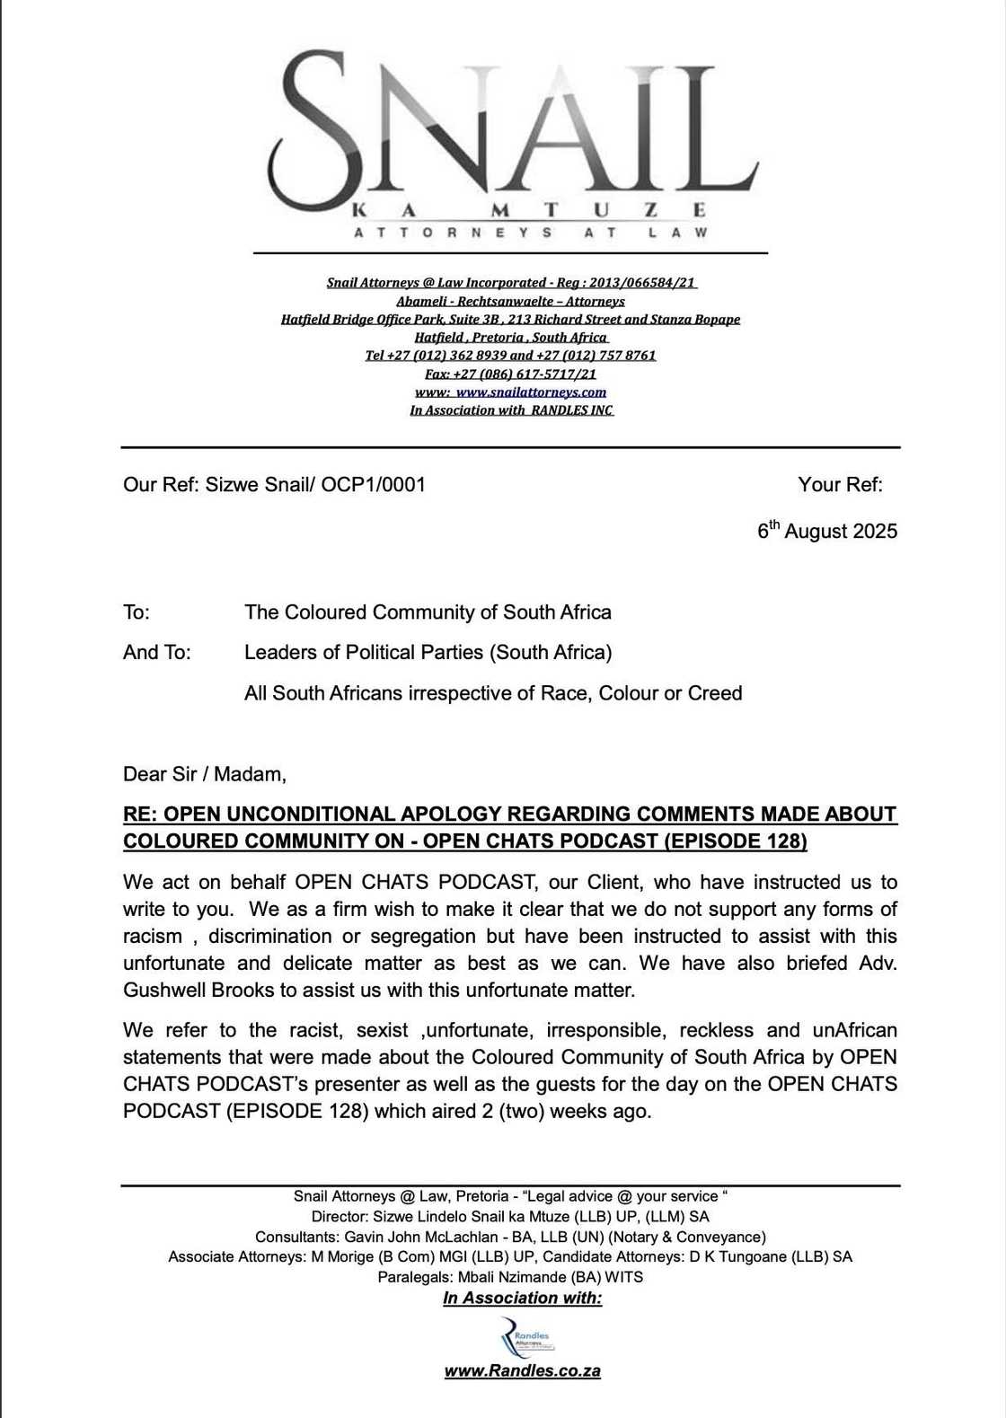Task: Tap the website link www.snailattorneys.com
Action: coord(531,392)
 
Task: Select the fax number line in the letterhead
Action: coord(510,374)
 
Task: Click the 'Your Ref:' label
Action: coord(840,485)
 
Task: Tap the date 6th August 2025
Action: coord(827,531)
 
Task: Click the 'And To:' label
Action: coord(156,653)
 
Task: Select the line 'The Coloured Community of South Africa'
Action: coord(428,612)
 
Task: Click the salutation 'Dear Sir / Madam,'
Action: coord(205,774)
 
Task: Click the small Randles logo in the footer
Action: coord(526,1338)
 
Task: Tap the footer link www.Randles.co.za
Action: coord(522,1371)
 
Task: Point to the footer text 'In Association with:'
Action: coord(522,1299)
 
